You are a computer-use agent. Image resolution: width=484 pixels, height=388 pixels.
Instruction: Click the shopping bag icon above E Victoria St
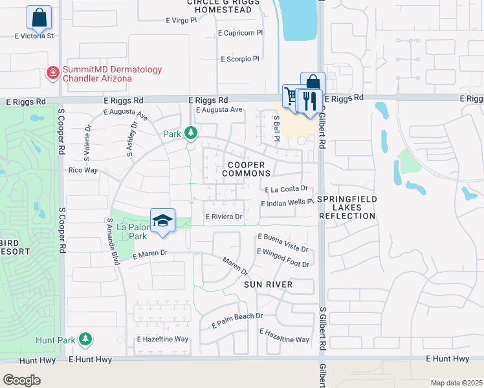click(39, 17)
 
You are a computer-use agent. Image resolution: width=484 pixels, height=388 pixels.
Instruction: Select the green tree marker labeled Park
click(190, 133)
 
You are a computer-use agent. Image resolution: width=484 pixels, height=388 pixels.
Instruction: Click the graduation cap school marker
click(162, 221)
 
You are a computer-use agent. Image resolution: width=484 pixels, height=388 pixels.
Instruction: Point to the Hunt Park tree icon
click(85, 339)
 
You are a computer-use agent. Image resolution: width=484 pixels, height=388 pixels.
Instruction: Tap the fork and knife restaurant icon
click(310, 100)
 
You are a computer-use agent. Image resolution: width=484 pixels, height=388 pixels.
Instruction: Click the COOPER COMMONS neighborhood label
click(246, 169)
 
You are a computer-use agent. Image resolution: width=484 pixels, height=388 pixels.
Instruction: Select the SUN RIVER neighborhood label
click(268, 285)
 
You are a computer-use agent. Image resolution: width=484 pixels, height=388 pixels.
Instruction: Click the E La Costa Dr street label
click(290, 189)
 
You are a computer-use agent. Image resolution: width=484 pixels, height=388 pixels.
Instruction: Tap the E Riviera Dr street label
click(223, 217)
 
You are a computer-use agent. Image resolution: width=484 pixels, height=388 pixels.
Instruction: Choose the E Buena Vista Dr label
click(283, 242)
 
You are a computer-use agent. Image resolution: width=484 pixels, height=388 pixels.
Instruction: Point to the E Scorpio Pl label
click(239, 59)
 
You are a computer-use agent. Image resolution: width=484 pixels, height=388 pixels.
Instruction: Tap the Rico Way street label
click(83, 170)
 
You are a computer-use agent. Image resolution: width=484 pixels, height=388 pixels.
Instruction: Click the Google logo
click(21, 380)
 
